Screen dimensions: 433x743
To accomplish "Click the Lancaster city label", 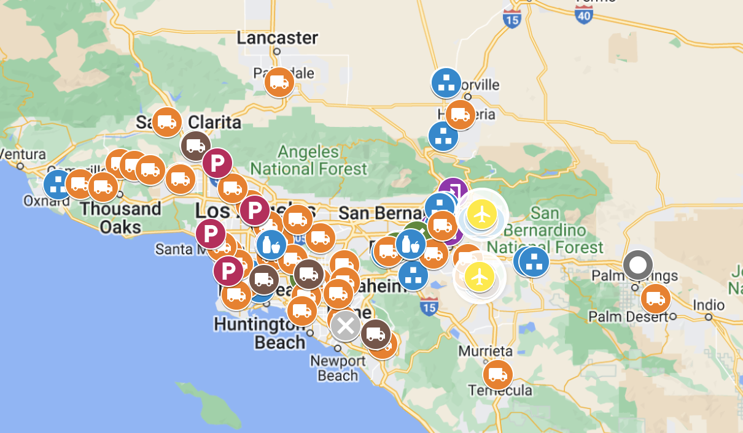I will (x=278, y=38).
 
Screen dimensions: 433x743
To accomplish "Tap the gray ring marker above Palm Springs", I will (x=638, y=266).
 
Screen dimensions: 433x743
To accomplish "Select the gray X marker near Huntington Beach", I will (x=346, y=326).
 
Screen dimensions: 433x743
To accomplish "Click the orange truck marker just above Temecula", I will (x=497, y=375).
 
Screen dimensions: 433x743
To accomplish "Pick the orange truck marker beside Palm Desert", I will (x=656, y=299).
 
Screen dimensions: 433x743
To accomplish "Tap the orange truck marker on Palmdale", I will (x=279, y=82).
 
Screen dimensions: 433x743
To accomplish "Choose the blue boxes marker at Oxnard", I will (x=59, y=184).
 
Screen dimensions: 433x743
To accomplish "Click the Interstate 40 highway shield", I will (x=584, y=15).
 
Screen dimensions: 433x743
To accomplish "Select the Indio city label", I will (x=708, y=305).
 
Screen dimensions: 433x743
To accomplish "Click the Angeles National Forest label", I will (x=308, y=159).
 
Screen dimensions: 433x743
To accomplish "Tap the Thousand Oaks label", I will (x=120, y=217).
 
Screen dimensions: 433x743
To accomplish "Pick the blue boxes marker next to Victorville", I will (x=446, y=83).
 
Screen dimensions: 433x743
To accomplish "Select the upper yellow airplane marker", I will (x=482, y=214).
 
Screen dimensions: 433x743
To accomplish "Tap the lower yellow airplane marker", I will (x=480, y=277).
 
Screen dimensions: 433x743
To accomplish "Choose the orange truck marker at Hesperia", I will (x=460, y=114).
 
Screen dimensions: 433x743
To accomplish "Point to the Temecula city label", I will (x=500, y=391).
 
